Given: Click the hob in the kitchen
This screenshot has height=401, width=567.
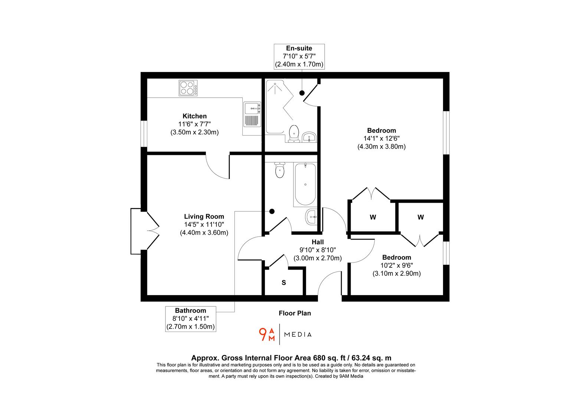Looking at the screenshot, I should point(188,88).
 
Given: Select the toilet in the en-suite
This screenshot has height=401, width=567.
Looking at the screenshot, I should point(294,133).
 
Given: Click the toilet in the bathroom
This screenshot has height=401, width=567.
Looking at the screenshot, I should point(279,170).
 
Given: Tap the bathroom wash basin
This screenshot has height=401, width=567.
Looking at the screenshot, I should point(311,216).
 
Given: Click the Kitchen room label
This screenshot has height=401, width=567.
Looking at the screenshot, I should point(194,116).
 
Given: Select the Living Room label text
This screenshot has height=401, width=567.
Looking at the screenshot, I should point(204,216).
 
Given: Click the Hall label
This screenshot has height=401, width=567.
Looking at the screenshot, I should point(318,242).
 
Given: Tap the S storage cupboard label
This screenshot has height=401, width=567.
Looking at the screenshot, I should point(284,283).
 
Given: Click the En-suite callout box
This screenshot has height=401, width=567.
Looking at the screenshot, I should point(299,56).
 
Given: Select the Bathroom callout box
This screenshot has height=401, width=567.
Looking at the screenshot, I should point(191,319).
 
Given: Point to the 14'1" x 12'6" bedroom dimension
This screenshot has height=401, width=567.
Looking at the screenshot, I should point(381,138).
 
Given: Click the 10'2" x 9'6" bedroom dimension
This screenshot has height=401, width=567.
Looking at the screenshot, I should point(397,265).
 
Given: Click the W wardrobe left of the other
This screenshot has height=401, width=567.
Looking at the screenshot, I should point(373,217).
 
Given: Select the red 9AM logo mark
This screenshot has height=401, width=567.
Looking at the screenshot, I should point(267,334).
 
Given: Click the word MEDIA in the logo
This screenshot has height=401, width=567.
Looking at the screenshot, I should point(298,335).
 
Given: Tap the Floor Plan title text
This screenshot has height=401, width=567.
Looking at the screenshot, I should point(295,313).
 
